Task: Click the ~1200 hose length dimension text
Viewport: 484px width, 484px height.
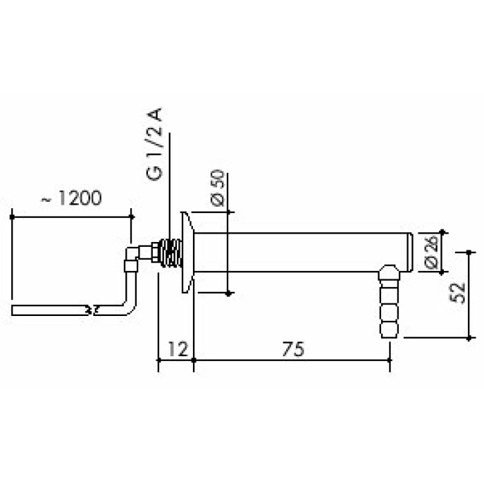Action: click(x=71, y=199)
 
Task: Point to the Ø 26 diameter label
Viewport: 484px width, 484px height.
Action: click(x=429, y=252)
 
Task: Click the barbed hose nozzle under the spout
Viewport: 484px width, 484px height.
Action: click(x=389, y=304)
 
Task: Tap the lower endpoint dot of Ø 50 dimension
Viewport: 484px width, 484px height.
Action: click(x=228, y=294)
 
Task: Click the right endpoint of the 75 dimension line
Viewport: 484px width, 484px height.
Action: click(x=389, y=360)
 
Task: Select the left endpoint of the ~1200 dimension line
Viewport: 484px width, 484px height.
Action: click(x=12, y=216)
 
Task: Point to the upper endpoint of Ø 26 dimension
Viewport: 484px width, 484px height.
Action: click(x=443, y=233)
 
